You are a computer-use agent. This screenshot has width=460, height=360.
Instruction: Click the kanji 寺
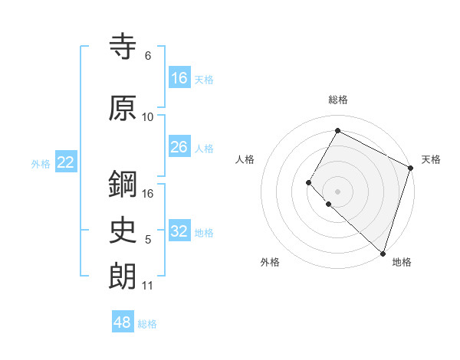(x=123, y=47)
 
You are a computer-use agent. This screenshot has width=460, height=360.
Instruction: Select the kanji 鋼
(x=123, y=184)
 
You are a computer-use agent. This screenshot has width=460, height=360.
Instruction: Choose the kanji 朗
(x=123, y=275)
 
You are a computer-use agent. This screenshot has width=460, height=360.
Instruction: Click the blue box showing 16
(x=179, y=77)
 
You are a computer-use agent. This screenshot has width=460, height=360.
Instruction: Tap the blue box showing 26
(x=179, y=147)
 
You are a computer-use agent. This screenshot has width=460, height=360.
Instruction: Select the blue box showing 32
(x=179, y=231)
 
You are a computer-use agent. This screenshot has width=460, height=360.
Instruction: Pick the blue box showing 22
(x=66, y=162)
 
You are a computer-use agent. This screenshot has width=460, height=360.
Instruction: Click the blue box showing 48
(x=123, y=322)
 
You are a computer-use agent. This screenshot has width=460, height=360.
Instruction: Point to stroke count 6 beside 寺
(x=148, y=56)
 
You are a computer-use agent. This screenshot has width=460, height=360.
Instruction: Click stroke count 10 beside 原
(x=148, y=116)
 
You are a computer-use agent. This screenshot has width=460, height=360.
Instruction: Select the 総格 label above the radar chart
(x=338, y=100)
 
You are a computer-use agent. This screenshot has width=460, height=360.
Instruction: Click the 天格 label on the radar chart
(x=431, y=159)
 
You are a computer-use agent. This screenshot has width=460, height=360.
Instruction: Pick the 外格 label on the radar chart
(x=270, y=262)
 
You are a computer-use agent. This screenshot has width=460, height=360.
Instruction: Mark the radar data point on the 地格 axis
(x=383, y=253)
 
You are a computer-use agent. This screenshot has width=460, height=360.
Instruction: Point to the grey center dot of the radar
(x=337, y=191)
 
